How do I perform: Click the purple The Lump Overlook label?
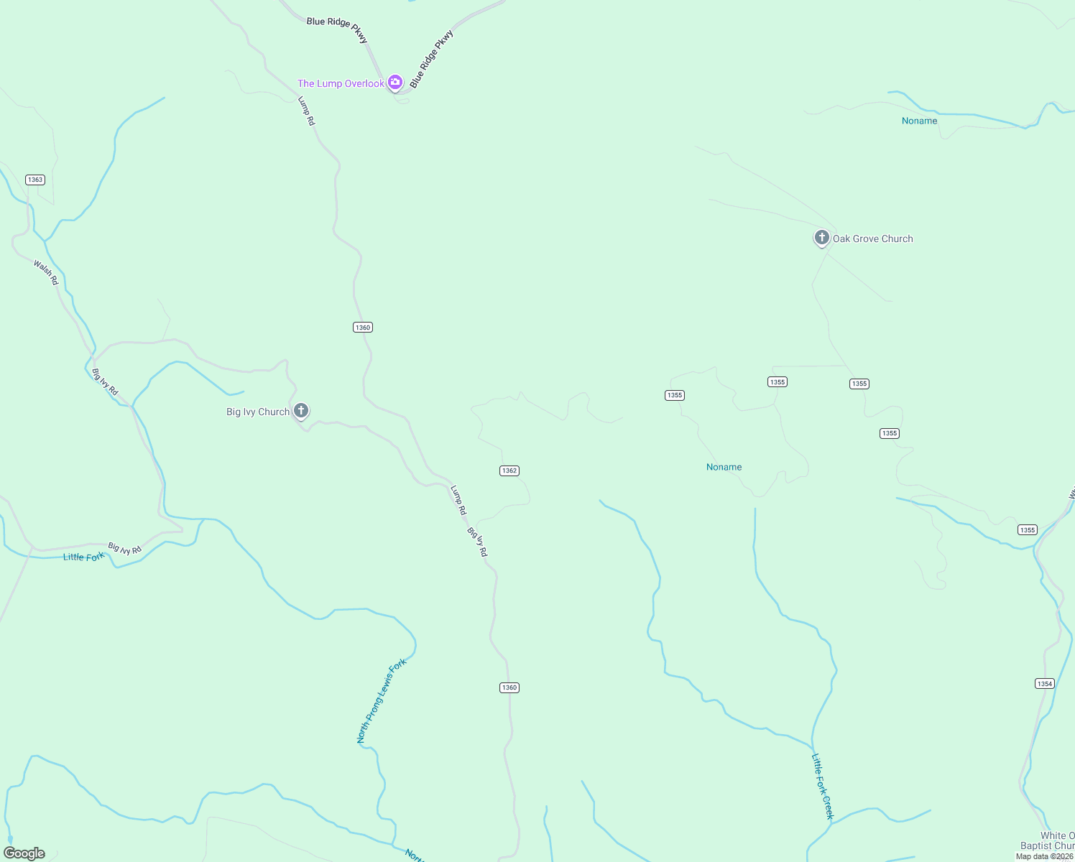tap(341, 84)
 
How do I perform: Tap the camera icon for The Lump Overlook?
tap(395, 83)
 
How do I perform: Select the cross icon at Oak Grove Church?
tap(822, 238)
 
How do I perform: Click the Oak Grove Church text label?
tap(873, 239)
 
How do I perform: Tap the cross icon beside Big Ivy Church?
tap(301, 411)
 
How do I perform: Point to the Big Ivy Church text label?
tap(258, 412)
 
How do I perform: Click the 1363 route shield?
tap(35, 180)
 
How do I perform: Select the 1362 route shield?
tap(509, 471)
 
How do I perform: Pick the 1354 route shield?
tap(1045, 683)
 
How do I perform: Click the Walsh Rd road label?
tap(46, 273)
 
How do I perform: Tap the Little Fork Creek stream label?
tap(823, 786)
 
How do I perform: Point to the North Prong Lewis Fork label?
tap(382, 700)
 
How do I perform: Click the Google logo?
tap(24, 853)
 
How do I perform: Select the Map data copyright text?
tap(1044, 856)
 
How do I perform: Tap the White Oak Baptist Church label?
tap(1048, 840)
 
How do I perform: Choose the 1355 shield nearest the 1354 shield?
tap(1028, 530)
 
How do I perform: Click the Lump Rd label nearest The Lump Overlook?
tap(307, 111)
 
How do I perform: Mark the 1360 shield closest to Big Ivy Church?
tap(363, 328)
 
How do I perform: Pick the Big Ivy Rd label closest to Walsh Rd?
tap(105, 381)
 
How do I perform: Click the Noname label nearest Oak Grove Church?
tap(920, 121)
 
